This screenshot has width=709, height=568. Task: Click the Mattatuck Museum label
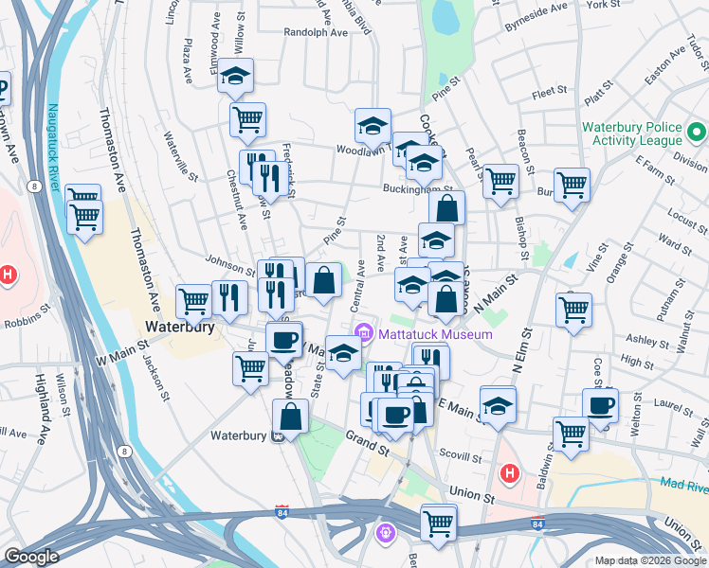click(x=435, y=334)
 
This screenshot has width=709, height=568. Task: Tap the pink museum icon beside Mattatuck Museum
click(x=364, y=333)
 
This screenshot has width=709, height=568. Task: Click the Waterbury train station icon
click(x=279, y=436)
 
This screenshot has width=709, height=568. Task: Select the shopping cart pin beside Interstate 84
click(x=438, y=523)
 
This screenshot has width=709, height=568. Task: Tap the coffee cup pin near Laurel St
click(x=600, y=406)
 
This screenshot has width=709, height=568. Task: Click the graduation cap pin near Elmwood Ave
click(x=235, y=78)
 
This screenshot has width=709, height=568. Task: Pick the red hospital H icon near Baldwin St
click(x=510, y=471)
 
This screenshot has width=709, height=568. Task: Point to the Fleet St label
click(x=549, y=94)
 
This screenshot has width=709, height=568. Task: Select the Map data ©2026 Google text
click(x=650, y=559)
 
